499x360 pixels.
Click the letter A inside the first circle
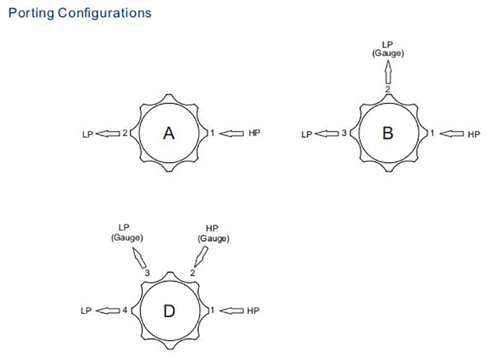coord(169,133)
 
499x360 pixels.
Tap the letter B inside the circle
coord(388,133)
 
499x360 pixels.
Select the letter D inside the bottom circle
coord(169,311)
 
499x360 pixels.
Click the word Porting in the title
coord(31,13)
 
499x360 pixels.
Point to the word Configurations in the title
coord(104,13)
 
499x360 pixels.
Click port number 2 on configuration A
coord(125,132)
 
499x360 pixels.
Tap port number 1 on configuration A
coord(212,132)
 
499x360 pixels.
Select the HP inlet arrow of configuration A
coord(232,133)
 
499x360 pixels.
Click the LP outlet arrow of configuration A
coord(108,134)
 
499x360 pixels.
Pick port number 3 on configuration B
coord(344,133)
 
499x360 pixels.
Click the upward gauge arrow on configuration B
coord(388,72)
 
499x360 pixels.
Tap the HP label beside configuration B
coord(474,134)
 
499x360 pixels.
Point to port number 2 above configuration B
coord(388,89)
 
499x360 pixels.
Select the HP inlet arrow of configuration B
coord(451,134)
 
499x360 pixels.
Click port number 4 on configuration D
coord(125,310)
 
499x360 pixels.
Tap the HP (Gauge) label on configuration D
coord(213,234)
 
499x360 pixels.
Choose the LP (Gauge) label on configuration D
coord(126,233)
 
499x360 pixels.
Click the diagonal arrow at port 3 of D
coord(139,258)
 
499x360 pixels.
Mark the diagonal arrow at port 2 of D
coord(201,257)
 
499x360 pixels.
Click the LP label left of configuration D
coord(86,311)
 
